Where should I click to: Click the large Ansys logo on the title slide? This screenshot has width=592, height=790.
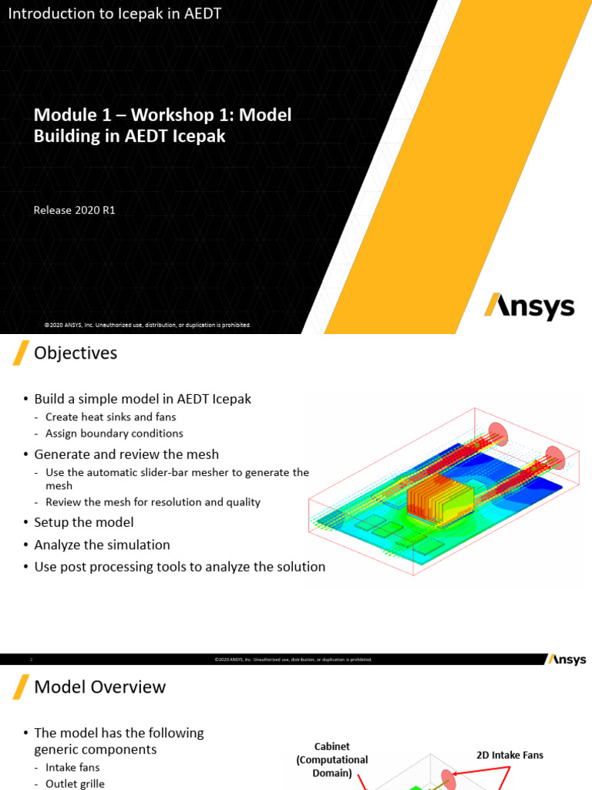pos(529,306)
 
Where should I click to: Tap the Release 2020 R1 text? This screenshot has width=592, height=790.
pos(74,210)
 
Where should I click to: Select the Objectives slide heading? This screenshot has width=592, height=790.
pos(76,353)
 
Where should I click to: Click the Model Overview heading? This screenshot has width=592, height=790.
pos(100,687)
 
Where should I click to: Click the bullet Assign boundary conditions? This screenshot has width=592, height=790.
pos(114,433)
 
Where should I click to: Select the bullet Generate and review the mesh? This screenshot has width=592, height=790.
pos(126,454)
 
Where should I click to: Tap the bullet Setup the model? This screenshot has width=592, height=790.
pos(84,522)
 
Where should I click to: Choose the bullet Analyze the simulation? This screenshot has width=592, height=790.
pos(102,545)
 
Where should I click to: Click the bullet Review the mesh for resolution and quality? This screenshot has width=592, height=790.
pos(153,501)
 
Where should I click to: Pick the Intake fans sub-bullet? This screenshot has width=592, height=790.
pos(72,767)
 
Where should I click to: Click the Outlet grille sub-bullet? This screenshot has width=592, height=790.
pos(75,783)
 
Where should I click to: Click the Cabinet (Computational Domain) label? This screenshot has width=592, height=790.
pos(332,759)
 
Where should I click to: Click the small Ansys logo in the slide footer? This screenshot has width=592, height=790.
pos(567,660)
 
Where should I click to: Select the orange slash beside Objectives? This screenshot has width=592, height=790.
pos(21,353)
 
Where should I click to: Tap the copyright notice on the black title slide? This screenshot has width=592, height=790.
pos(147,325)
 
